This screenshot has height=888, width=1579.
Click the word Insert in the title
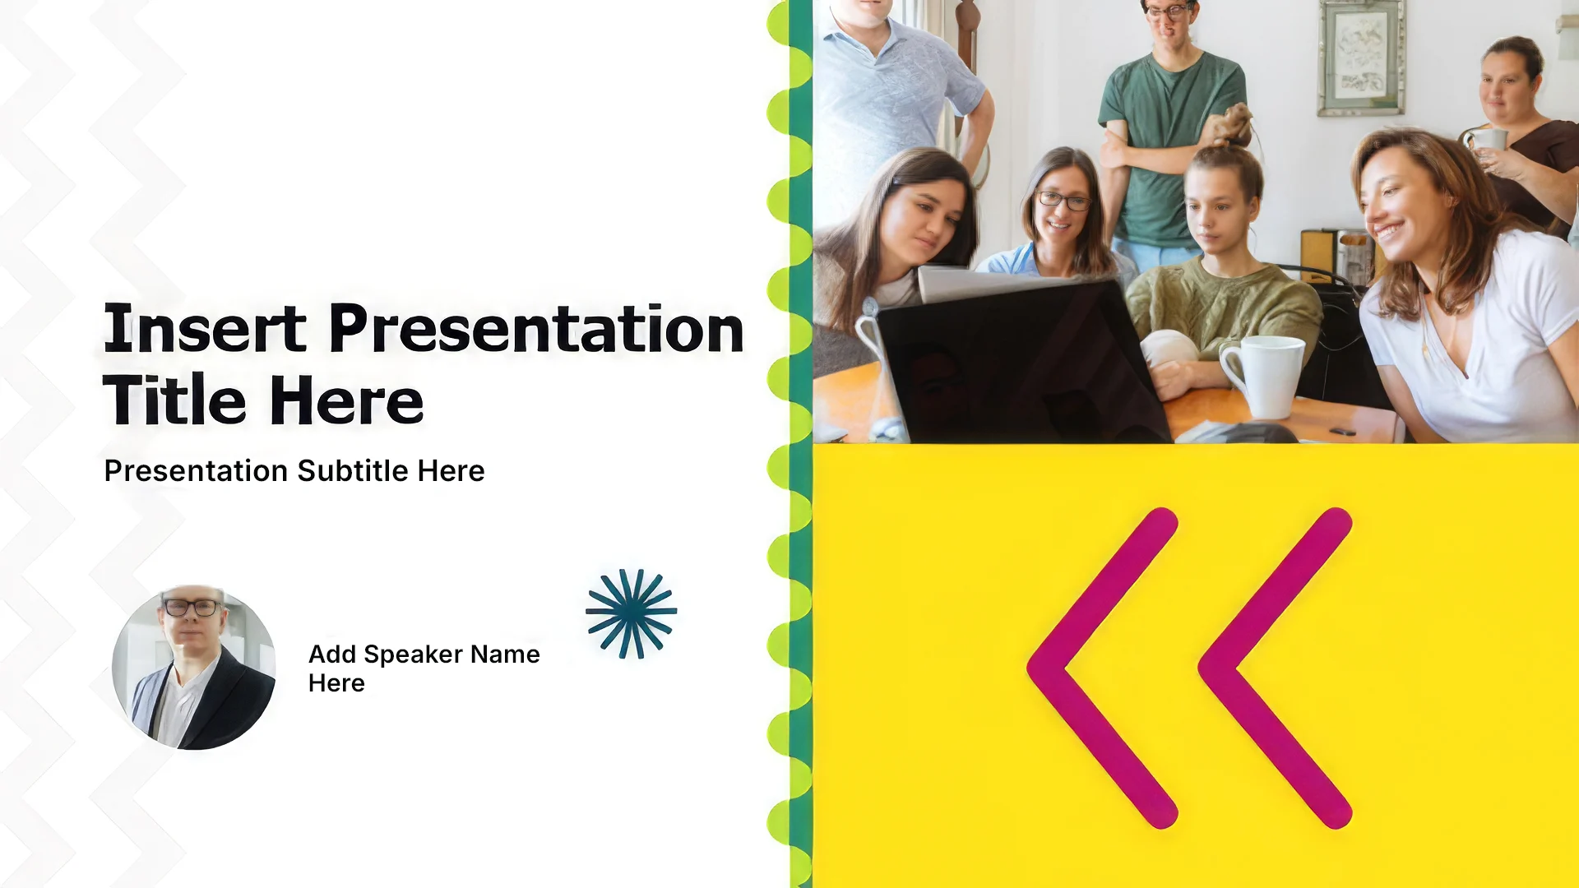coord(205,329)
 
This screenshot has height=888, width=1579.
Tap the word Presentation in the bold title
coord(537,329)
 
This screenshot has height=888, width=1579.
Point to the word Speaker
coord(413,655)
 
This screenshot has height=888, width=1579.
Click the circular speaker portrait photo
coord(193,667)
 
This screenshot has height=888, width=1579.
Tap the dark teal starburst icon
coord(631,613)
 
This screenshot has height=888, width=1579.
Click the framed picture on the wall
coord(1361,58)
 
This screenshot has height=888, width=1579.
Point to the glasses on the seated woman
coord(1063,200)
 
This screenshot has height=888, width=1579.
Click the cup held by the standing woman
coord(1487,140)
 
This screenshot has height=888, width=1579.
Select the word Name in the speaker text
coord(505,654)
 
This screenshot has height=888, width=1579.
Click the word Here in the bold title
coord(346,400)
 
